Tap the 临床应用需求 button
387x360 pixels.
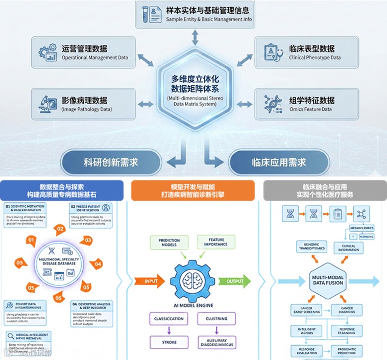[279, 162]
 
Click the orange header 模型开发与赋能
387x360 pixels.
[192, 189]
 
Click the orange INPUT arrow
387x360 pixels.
[150, 280]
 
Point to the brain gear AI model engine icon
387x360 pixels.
[193, 280]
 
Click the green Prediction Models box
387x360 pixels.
[168, 242]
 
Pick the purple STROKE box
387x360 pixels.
[168, 342]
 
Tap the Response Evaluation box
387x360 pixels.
[307, 351]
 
